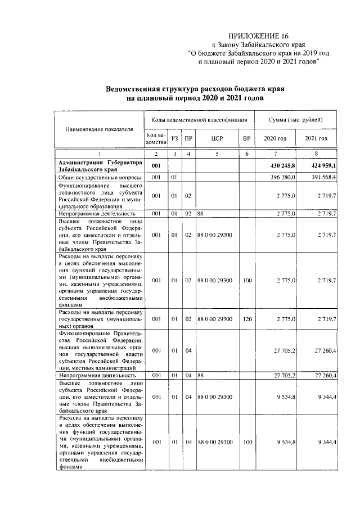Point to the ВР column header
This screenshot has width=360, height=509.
click(246, 138)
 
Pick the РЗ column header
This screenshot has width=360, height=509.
click(175, 138)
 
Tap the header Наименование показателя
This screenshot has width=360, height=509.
click(99, 129)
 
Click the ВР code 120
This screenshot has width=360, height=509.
click(246, 319)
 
